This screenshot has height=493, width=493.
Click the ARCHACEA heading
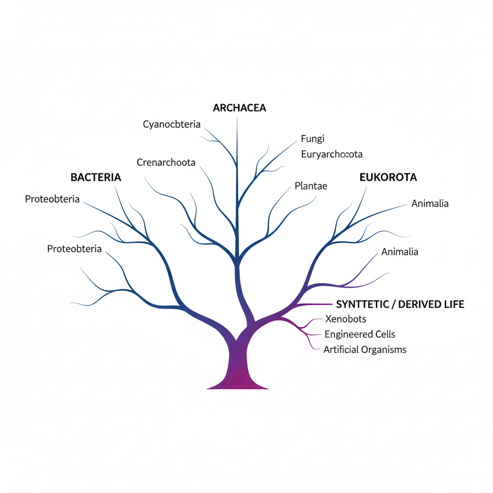coord(239,108)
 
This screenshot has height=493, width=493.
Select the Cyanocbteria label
coord(171,125)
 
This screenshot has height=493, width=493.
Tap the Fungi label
coord(312,139)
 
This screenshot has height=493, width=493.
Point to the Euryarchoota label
coord(331,155)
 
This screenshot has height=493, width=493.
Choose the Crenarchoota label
coord(166,163)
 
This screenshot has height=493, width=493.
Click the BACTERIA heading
coord(96,177)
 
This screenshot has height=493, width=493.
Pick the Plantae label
coord(311,186)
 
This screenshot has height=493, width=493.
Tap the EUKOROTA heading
coord(388,177)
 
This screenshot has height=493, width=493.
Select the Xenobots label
coord(346,319)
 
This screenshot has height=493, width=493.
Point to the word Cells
coord(385,334)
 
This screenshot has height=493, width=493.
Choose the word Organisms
coord(384,350)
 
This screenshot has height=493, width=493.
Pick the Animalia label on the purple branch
coord(400,252)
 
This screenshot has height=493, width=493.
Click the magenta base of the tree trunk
coord(238,380)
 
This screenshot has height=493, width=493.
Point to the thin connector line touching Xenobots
coord(317,319)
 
